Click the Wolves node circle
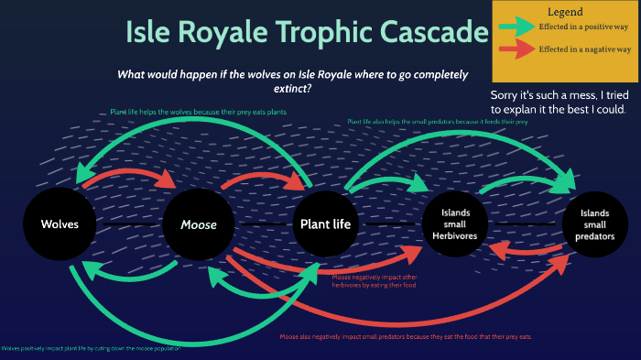[x=60, y=224]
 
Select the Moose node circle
[x=199, y=224]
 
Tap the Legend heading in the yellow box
[x=565, y=12]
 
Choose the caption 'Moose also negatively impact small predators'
[x=406, y=336]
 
